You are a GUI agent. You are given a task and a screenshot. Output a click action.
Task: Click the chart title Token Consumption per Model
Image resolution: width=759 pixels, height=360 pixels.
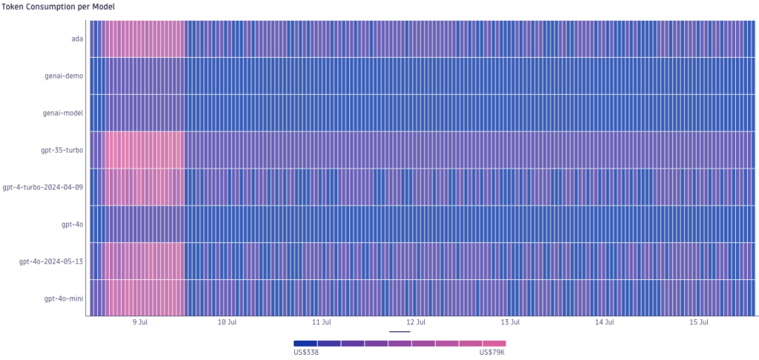click(x=58, y=7)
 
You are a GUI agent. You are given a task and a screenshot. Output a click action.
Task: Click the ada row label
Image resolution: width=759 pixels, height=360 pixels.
click(x=76, y=39)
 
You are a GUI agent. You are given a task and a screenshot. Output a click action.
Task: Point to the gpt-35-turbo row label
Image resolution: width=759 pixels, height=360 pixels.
click(x=62, y=150)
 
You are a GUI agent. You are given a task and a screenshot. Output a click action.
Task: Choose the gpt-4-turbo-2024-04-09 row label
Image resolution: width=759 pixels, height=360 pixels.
click(x=43, y=187)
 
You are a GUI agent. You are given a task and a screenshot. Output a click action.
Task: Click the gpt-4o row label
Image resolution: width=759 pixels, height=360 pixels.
click(x=72, y=224)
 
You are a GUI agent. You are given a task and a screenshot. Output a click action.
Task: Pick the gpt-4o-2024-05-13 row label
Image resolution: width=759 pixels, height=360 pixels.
click(x=51, y=261)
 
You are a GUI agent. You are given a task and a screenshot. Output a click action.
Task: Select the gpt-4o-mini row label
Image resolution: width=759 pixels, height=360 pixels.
click(x=64, y=298)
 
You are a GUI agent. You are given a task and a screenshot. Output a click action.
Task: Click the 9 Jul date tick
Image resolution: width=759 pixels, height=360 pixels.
click(x=139, y=322)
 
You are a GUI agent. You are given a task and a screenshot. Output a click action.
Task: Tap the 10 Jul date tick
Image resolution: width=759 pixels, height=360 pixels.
click(x=227, y=322)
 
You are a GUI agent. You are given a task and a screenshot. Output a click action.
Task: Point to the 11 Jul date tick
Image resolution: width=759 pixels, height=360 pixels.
click(x=321, y=322)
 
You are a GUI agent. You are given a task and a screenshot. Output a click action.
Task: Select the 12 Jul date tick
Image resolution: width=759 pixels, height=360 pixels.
click(x=416, y=322)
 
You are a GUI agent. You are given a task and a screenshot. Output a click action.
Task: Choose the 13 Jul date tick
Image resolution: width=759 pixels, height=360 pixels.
click(x=510, y=322)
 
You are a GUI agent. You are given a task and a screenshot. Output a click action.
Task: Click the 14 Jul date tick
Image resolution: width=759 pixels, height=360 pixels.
click(x=605, y=322)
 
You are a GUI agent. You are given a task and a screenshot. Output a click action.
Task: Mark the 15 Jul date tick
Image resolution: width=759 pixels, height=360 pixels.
click(x=699, y=322)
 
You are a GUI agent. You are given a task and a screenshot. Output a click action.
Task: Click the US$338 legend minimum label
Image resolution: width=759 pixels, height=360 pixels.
click(x=306, y=353)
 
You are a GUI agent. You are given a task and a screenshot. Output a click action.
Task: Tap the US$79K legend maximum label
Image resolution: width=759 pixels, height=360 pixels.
click(x=492, y=353)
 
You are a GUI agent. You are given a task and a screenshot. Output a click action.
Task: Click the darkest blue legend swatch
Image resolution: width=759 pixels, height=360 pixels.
click(x=305, y=344)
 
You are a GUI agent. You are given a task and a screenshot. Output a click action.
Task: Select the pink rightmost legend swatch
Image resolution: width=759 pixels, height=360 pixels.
click(x=494, y=344)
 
